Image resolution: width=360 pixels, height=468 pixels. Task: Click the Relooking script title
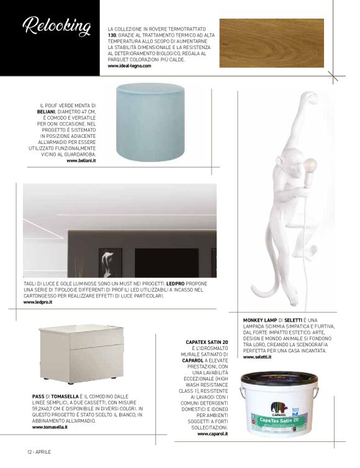click(56, 26)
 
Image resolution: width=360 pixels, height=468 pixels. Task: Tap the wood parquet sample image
click(271, 43)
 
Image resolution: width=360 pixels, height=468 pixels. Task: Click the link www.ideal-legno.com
click(129, 66)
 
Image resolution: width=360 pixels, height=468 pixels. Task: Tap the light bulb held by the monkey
click(309, 166)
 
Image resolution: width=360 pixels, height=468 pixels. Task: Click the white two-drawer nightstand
click(74, 354)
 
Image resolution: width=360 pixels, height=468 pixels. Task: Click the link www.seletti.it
click(257, 357)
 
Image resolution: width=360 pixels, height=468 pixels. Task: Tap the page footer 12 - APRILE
click(38, 451)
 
